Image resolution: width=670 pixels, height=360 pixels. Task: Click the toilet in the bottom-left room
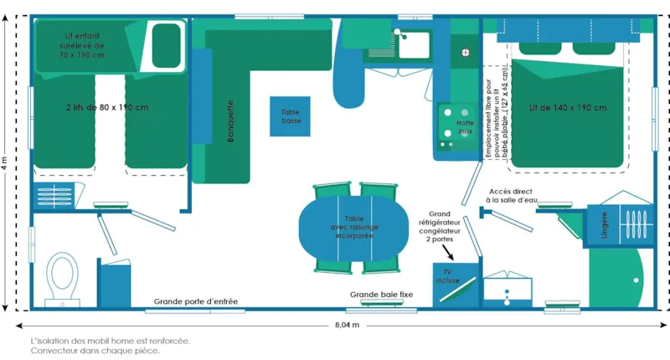point(61,275)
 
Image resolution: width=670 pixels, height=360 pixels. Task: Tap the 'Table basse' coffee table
point(290,116)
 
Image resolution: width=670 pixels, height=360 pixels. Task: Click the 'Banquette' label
point(231,121)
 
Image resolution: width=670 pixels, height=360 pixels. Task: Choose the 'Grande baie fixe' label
point(381,295)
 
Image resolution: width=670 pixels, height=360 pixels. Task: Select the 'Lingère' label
point(600,227)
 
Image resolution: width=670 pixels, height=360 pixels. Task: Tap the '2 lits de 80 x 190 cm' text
point(106,107)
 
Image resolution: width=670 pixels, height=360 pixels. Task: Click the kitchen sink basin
point(413,44)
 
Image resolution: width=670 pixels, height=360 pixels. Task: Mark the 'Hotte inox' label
point(465,127)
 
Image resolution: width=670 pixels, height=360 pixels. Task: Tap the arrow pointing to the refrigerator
point(450,249)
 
